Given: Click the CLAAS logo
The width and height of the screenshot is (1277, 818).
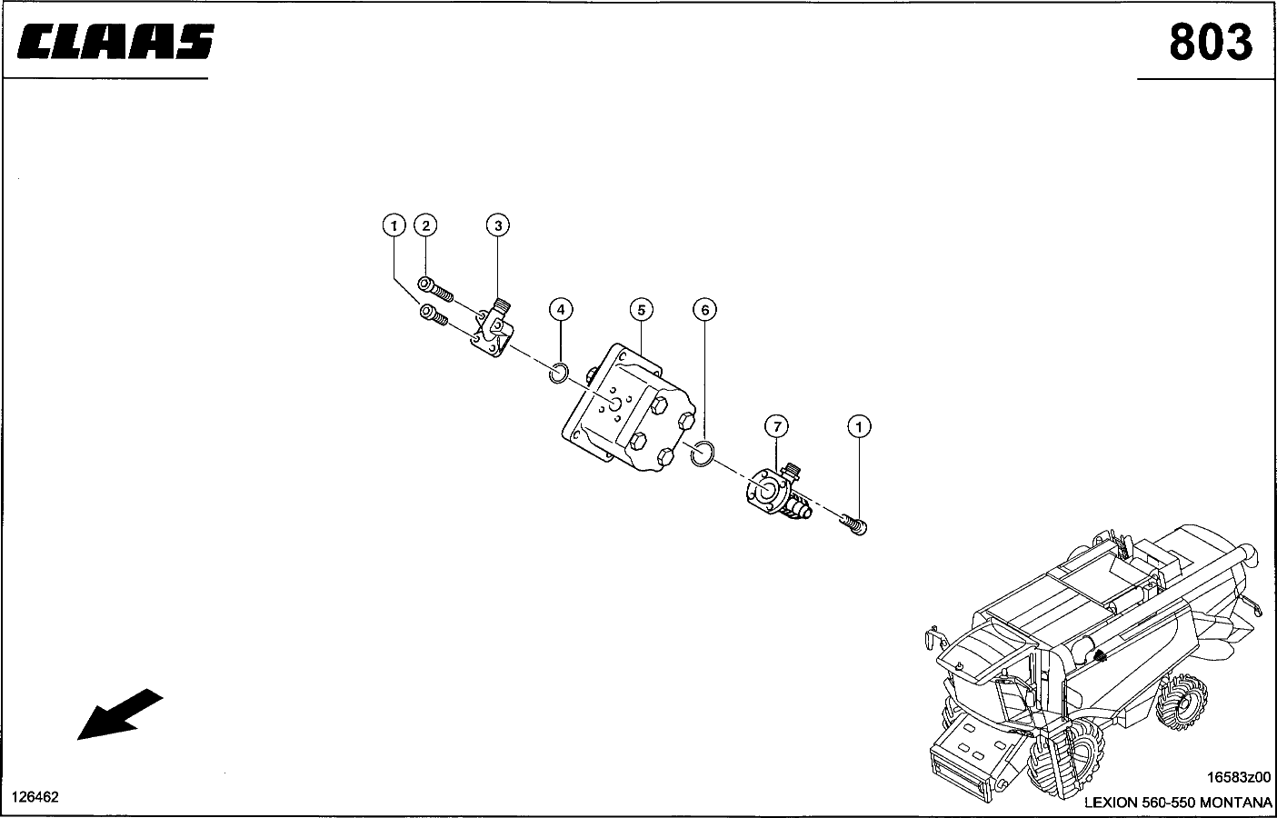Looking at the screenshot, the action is coord(115,42).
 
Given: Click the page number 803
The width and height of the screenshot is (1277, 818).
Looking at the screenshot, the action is coord(1211,43).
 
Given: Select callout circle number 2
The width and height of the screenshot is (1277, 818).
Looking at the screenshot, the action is coord(425,225).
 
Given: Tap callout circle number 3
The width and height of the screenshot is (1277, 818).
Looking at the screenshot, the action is coord(498,225).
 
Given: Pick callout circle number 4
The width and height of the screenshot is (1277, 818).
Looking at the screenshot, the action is coord(561,310).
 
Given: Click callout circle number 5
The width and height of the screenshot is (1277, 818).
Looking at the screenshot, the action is coord(642,310).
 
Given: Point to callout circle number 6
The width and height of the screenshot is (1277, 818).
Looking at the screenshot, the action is coord(704,310).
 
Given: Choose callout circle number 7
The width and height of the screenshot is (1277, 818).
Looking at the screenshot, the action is coord(776,426).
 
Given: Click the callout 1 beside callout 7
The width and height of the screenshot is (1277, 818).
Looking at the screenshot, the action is coord(859,426).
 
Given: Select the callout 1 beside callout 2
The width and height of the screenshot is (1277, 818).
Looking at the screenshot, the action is coord(394,225).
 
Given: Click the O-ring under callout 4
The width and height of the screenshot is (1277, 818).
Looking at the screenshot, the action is coord(559,373).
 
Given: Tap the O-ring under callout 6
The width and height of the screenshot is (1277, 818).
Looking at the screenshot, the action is coord(702,454).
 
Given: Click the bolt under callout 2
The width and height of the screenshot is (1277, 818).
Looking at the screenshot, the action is coord(435,289).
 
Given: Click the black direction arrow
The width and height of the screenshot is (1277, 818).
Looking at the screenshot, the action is coord(119,714).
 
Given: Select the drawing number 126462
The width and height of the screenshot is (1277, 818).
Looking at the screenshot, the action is coord(35,797).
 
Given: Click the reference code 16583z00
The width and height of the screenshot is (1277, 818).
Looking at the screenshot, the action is coord(1239,777).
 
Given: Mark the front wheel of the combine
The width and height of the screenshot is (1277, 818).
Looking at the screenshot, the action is coord(1065,763).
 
